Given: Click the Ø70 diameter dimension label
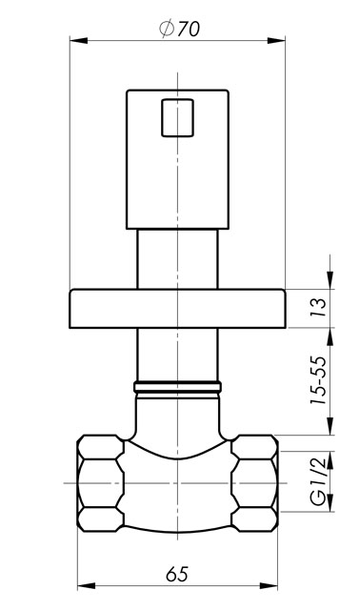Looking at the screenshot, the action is pyautogui.click(x=180, y=29).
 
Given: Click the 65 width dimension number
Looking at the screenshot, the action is pyautogui.click(x=177, y=574).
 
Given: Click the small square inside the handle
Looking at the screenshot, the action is pyautogui.click(x=177, y=118).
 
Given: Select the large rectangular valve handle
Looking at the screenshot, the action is pyautogui.click(x=177, y=159).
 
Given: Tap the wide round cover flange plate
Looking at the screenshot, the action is pyautogui.click(x=177, y=309).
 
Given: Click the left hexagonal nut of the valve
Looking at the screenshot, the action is pyautogui.click(x=101, y=483).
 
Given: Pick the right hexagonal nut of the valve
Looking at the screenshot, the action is pyautogui.click(x=254, y=483).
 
